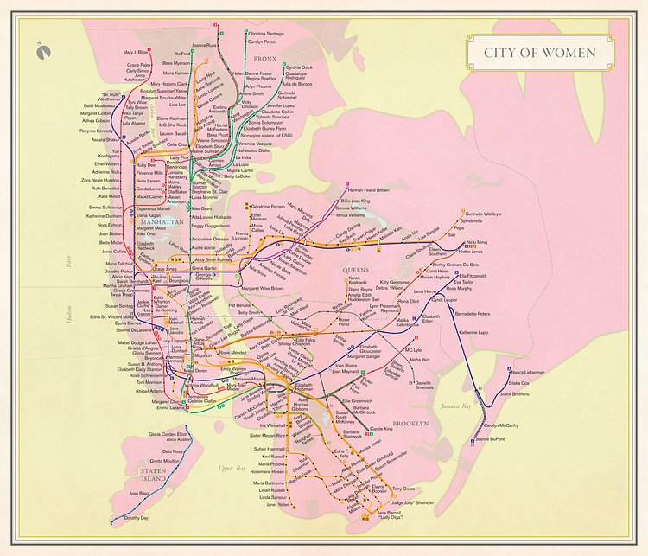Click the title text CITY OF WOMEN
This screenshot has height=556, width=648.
point(539,53)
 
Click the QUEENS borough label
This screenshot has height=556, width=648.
point(354,271)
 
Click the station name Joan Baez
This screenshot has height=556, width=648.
point(140,493)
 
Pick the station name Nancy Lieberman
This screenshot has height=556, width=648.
point(528,372)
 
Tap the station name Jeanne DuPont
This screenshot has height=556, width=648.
point(489,440)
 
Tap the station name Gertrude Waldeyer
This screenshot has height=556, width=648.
point(483,213)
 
